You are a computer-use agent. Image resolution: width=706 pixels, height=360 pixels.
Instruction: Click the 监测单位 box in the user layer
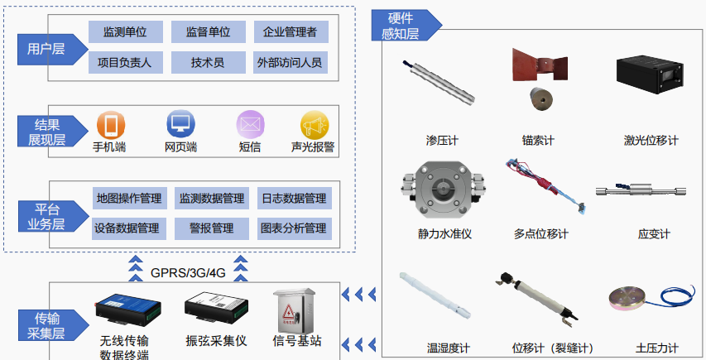pyautogui.click(x=125, y=32)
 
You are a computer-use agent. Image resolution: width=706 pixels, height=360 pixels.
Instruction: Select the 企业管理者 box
pyautogui.click(x=290, y=32)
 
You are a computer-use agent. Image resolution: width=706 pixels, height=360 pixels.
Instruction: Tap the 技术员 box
pyautogui.click(x=207, y=62)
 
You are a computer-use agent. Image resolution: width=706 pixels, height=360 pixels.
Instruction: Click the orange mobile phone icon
pyautogui.click(x=110, y=125)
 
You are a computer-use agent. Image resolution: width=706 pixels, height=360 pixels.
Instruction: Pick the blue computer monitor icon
pyautogui.click(x=180, y=125)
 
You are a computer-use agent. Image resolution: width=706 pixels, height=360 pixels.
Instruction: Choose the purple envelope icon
pyautogui.click(x=249, y=125)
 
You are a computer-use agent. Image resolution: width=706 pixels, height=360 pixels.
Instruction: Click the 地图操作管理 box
pyautogui.click(x=128, y=199)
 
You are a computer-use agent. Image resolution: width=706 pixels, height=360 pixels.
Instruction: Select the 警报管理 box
pyautogui.click(x=212, y=228)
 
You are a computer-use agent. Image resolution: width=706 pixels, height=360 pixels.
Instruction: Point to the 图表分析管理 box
pyautogui.click(x=293, y=228)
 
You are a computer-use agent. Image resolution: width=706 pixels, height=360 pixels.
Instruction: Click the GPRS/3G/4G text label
pyautogui.click(x=188, y=272)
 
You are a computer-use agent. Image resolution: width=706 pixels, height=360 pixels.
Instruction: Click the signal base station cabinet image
pyautogui.click(x=296, y=310)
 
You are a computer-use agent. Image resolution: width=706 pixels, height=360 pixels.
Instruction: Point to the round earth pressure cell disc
pyautogui.click(x=633, y=300)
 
